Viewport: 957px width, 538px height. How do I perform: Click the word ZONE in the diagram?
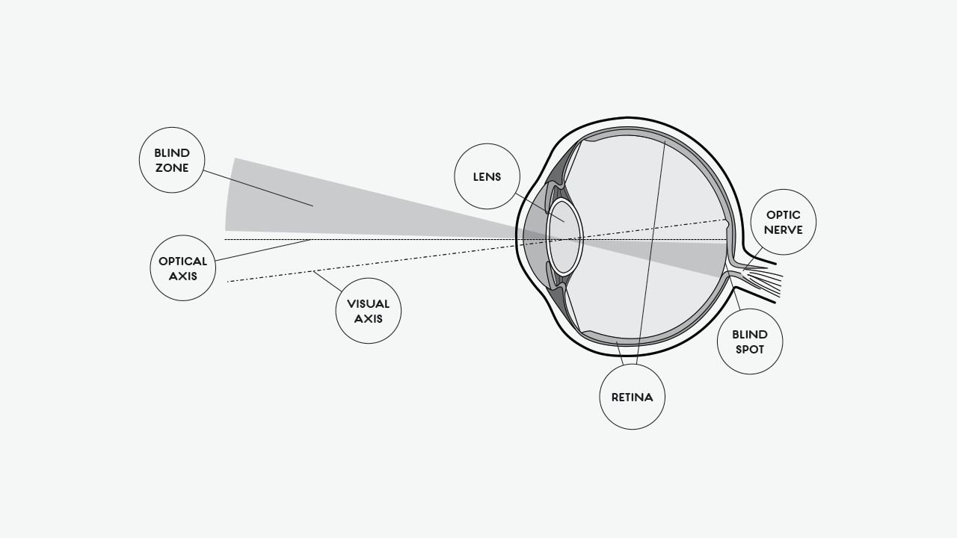pyautogui.click(x=172, y=168)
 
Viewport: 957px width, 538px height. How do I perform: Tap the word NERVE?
pyautogui.click(x=784, y=229)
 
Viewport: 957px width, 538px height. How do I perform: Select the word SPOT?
pyautogui.click(x=750, y=349)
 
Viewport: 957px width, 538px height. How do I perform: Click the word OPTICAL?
pyautogui.click(x=183, y=261)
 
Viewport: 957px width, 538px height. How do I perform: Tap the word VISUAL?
pyautogui.click(x=369, y=304)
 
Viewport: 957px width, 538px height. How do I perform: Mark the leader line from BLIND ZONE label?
pyautogui.click(x=258, y=188)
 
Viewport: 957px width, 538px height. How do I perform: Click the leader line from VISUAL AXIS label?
pyautogui.click(x=327, y=282)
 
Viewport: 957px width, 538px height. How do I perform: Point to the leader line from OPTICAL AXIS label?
pyautogui.click(x=263, y=250)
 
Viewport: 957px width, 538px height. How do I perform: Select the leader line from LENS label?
pyautogui.click(x=540, y=208)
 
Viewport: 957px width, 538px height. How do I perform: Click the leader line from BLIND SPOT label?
pyautogui.click(x=734, y=290)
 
